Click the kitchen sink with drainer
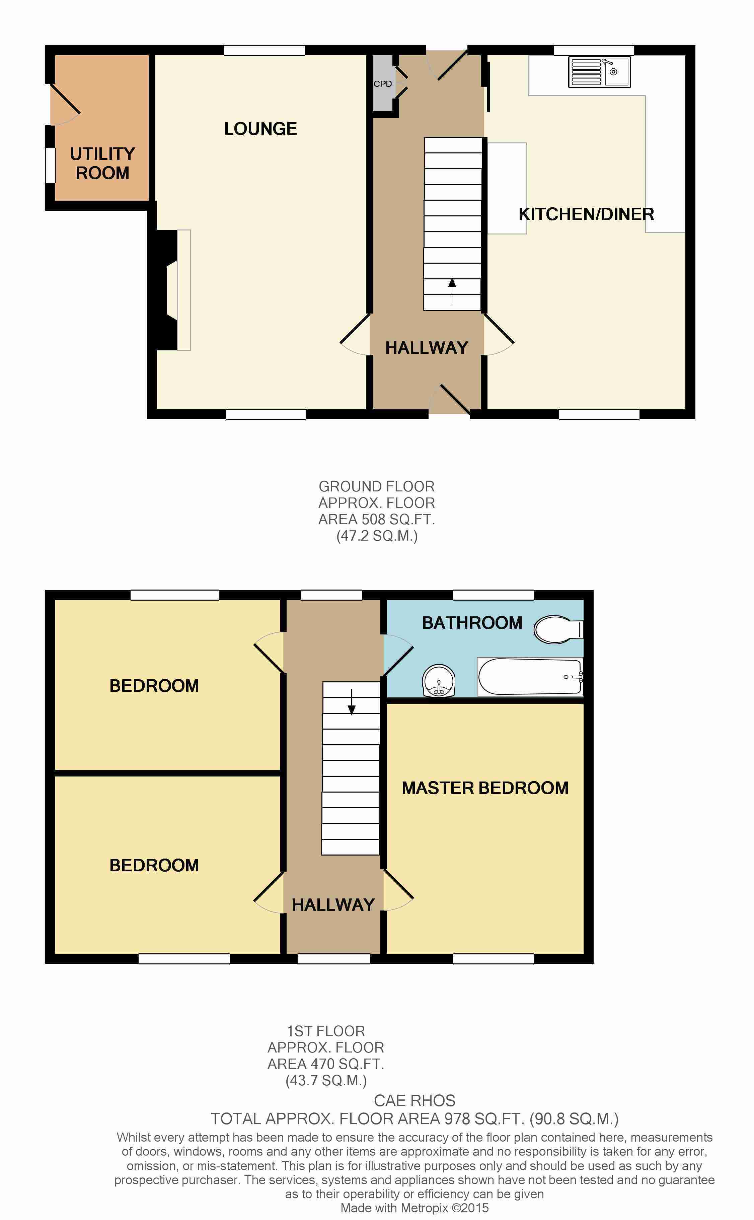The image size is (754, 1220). pos(599,72)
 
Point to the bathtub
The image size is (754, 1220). pos(530,676)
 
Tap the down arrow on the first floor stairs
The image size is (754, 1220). pos(352,702)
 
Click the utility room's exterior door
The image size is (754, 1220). pos(65,104)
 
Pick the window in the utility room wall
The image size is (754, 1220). pos(50,165)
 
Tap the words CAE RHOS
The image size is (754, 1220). pos(414,1100)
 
